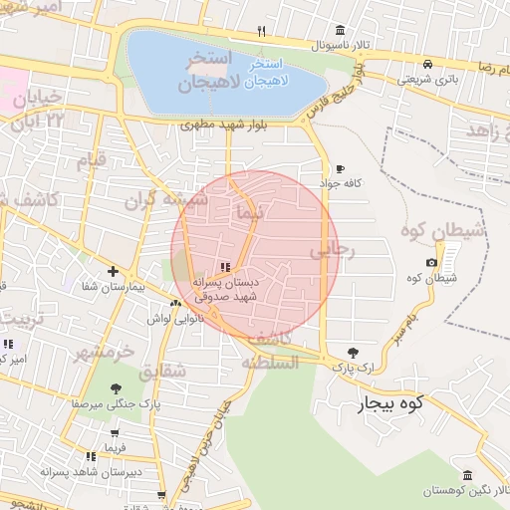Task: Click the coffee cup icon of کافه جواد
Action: coord(341,168)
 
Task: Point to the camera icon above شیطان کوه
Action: coord(431,263)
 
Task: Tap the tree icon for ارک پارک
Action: coord(354,352)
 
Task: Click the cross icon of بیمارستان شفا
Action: coord(114,271)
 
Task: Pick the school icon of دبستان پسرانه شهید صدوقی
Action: coord(225,266)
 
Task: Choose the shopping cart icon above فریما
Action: coord(117,433)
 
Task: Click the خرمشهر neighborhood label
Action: coord(103,353)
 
